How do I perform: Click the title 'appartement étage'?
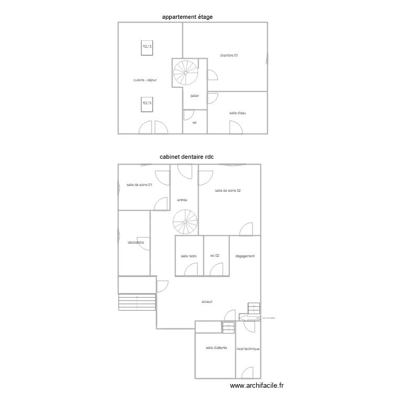click(x=187, y=17)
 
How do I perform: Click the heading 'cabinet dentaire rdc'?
click(x=187, y=157)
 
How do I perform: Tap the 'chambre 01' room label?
click(x=229, y=55)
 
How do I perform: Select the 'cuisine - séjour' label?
click(x=145, y=80)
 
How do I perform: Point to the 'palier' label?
click(x=194, y=96)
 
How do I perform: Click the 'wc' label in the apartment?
click(x=194, y=123)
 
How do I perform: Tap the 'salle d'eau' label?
click(x=237, y=113)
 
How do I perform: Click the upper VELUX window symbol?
click(x=147, y=48)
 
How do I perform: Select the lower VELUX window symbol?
click(x=147, y=104)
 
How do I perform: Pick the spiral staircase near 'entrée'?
click(x=185, y=222)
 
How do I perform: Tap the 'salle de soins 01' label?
click(x=139, y=184)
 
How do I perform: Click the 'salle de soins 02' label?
click(x=228, y=190)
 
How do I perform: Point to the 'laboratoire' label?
click(x=136, y=243)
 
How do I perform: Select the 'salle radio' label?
click(x=189, y=256)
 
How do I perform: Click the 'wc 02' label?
click(x=214, y=256)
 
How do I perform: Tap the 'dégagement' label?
click(x=245, y=256)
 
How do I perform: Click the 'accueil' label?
click(x=208, y=301)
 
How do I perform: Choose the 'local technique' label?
click(x=248, y=349)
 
